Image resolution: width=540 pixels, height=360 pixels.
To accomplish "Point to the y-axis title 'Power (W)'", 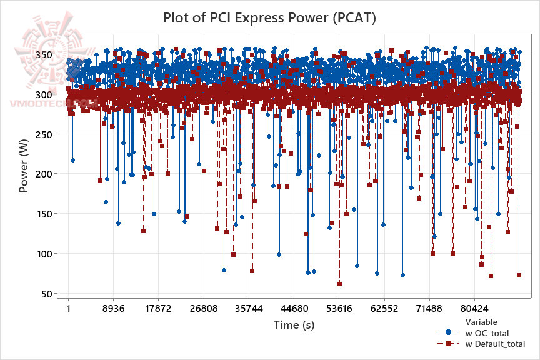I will point(24,166).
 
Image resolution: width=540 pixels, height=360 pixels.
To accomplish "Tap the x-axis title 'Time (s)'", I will point(294,325).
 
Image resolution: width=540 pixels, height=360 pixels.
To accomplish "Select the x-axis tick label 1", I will point(68,309).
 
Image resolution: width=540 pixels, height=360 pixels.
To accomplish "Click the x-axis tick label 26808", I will point(204,309).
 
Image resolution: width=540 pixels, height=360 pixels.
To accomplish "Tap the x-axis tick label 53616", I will point(339,309).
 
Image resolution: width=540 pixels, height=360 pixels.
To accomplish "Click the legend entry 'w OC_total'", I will point(487,333).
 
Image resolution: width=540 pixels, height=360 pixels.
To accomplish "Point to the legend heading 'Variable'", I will point(481,322).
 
